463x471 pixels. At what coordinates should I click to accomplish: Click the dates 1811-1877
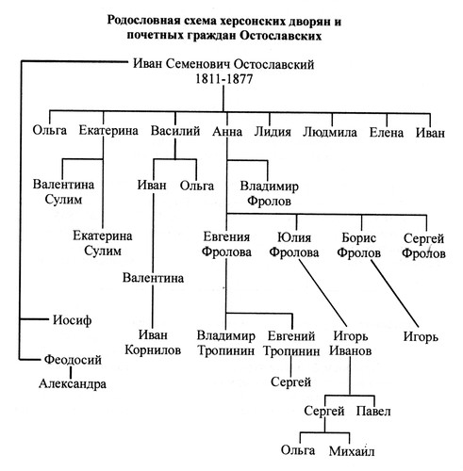tap(223, 78)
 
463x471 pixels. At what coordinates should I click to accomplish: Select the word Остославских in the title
tap(280, 36)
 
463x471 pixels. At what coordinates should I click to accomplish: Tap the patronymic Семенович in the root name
tap(198, 64)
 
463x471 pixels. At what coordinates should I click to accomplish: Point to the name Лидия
tap(273, 132)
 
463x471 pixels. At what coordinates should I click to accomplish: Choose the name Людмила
tap(330, 132)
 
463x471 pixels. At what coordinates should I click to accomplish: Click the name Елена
tap(387, 132)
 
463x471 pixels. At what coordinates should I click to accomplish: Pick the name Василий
tap(175, 131)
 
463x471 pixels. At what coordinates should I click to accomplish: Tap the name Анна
tap(227, 132)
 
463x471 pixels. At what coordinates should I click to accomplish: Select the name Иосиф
tap(72, 320)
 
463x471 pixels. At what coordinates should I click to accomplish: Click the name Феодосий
tap(73, 360)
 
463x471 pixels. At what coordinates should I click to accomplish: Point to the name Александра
tap(73, 383)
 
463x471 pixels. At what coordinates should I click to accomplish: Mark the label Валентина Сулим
tap(63, 191)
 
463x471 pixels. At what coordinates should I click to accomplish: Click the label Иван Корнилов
tap(153, 342)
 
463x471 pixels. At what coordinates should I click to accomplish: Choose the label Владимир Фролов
tap(269, 193)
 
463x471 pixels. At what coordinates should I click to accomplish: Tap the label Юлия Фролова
tap(294, 245)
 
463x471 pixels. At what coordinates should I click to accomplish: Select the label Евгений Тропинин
tap(291, 343)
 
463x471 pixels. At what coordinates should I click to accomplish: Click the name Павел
tap(373, 411)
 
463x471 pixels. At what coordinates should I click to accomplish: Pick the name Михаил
tap(352, 451)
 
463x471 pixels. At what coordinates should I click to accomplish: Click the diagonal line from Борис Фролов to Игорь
tap(395, 293)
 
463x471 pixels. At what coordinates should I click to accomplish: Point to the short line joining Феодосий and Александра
tap(71, 372)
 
